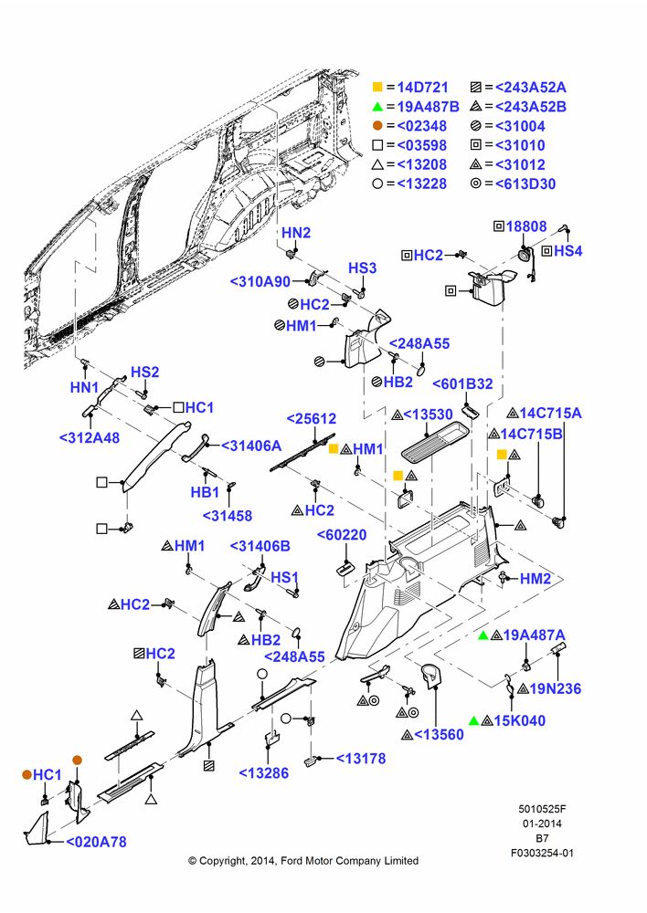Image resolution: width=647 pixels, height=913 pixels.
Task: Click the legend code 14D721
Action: [x=422, y=88]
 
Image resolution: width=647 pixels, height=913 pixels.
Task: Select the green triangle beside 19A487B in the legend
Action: [x=377, y=107]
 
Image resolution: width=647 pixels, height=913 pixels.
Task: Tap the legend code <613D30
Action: [x=525, y=184]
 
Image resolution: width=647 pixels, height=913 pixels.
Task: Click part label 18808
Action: [x=526, y=226]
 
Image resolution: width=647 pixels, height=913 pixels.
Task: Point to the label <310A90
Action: [x=260, y=282]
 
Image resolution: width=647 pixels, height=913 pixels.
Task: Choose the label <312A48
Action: [x=90, y=438]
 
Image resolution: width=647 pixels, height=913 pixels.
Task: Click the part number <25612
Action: [x=312, y=419]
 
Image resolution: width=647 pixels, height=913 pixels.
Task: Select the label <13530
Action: [x=428, y=415]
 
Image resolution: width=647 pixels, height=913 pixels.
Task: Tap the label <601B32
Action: [x=462, y=384]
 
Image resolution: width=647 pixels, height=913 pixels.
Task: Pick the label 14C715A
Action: [x=550, y=414]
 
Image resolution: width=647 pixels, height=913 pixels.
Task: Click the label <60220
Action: [x=342, y=535]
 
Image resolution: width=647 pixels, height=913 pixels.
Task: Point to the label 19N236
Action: [x=556, y=688]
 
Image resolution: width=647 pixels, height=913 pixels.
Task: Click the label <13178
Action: [x=361, y=759]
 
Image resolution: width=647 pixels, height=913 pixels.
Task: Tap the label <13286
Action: [x=264, y=773]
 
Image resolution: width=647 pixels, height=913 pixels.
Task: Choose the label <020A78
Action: [x=96, y=842]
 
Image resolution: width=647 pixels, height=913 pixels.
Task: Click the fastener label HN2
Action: [x=296, y=233]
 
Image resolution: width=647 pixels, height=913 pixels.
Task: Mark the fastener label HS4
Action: [x=567, y=251]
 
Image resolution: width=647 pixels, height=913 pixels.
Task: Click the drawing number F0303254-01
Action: [x=542, y=853]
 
